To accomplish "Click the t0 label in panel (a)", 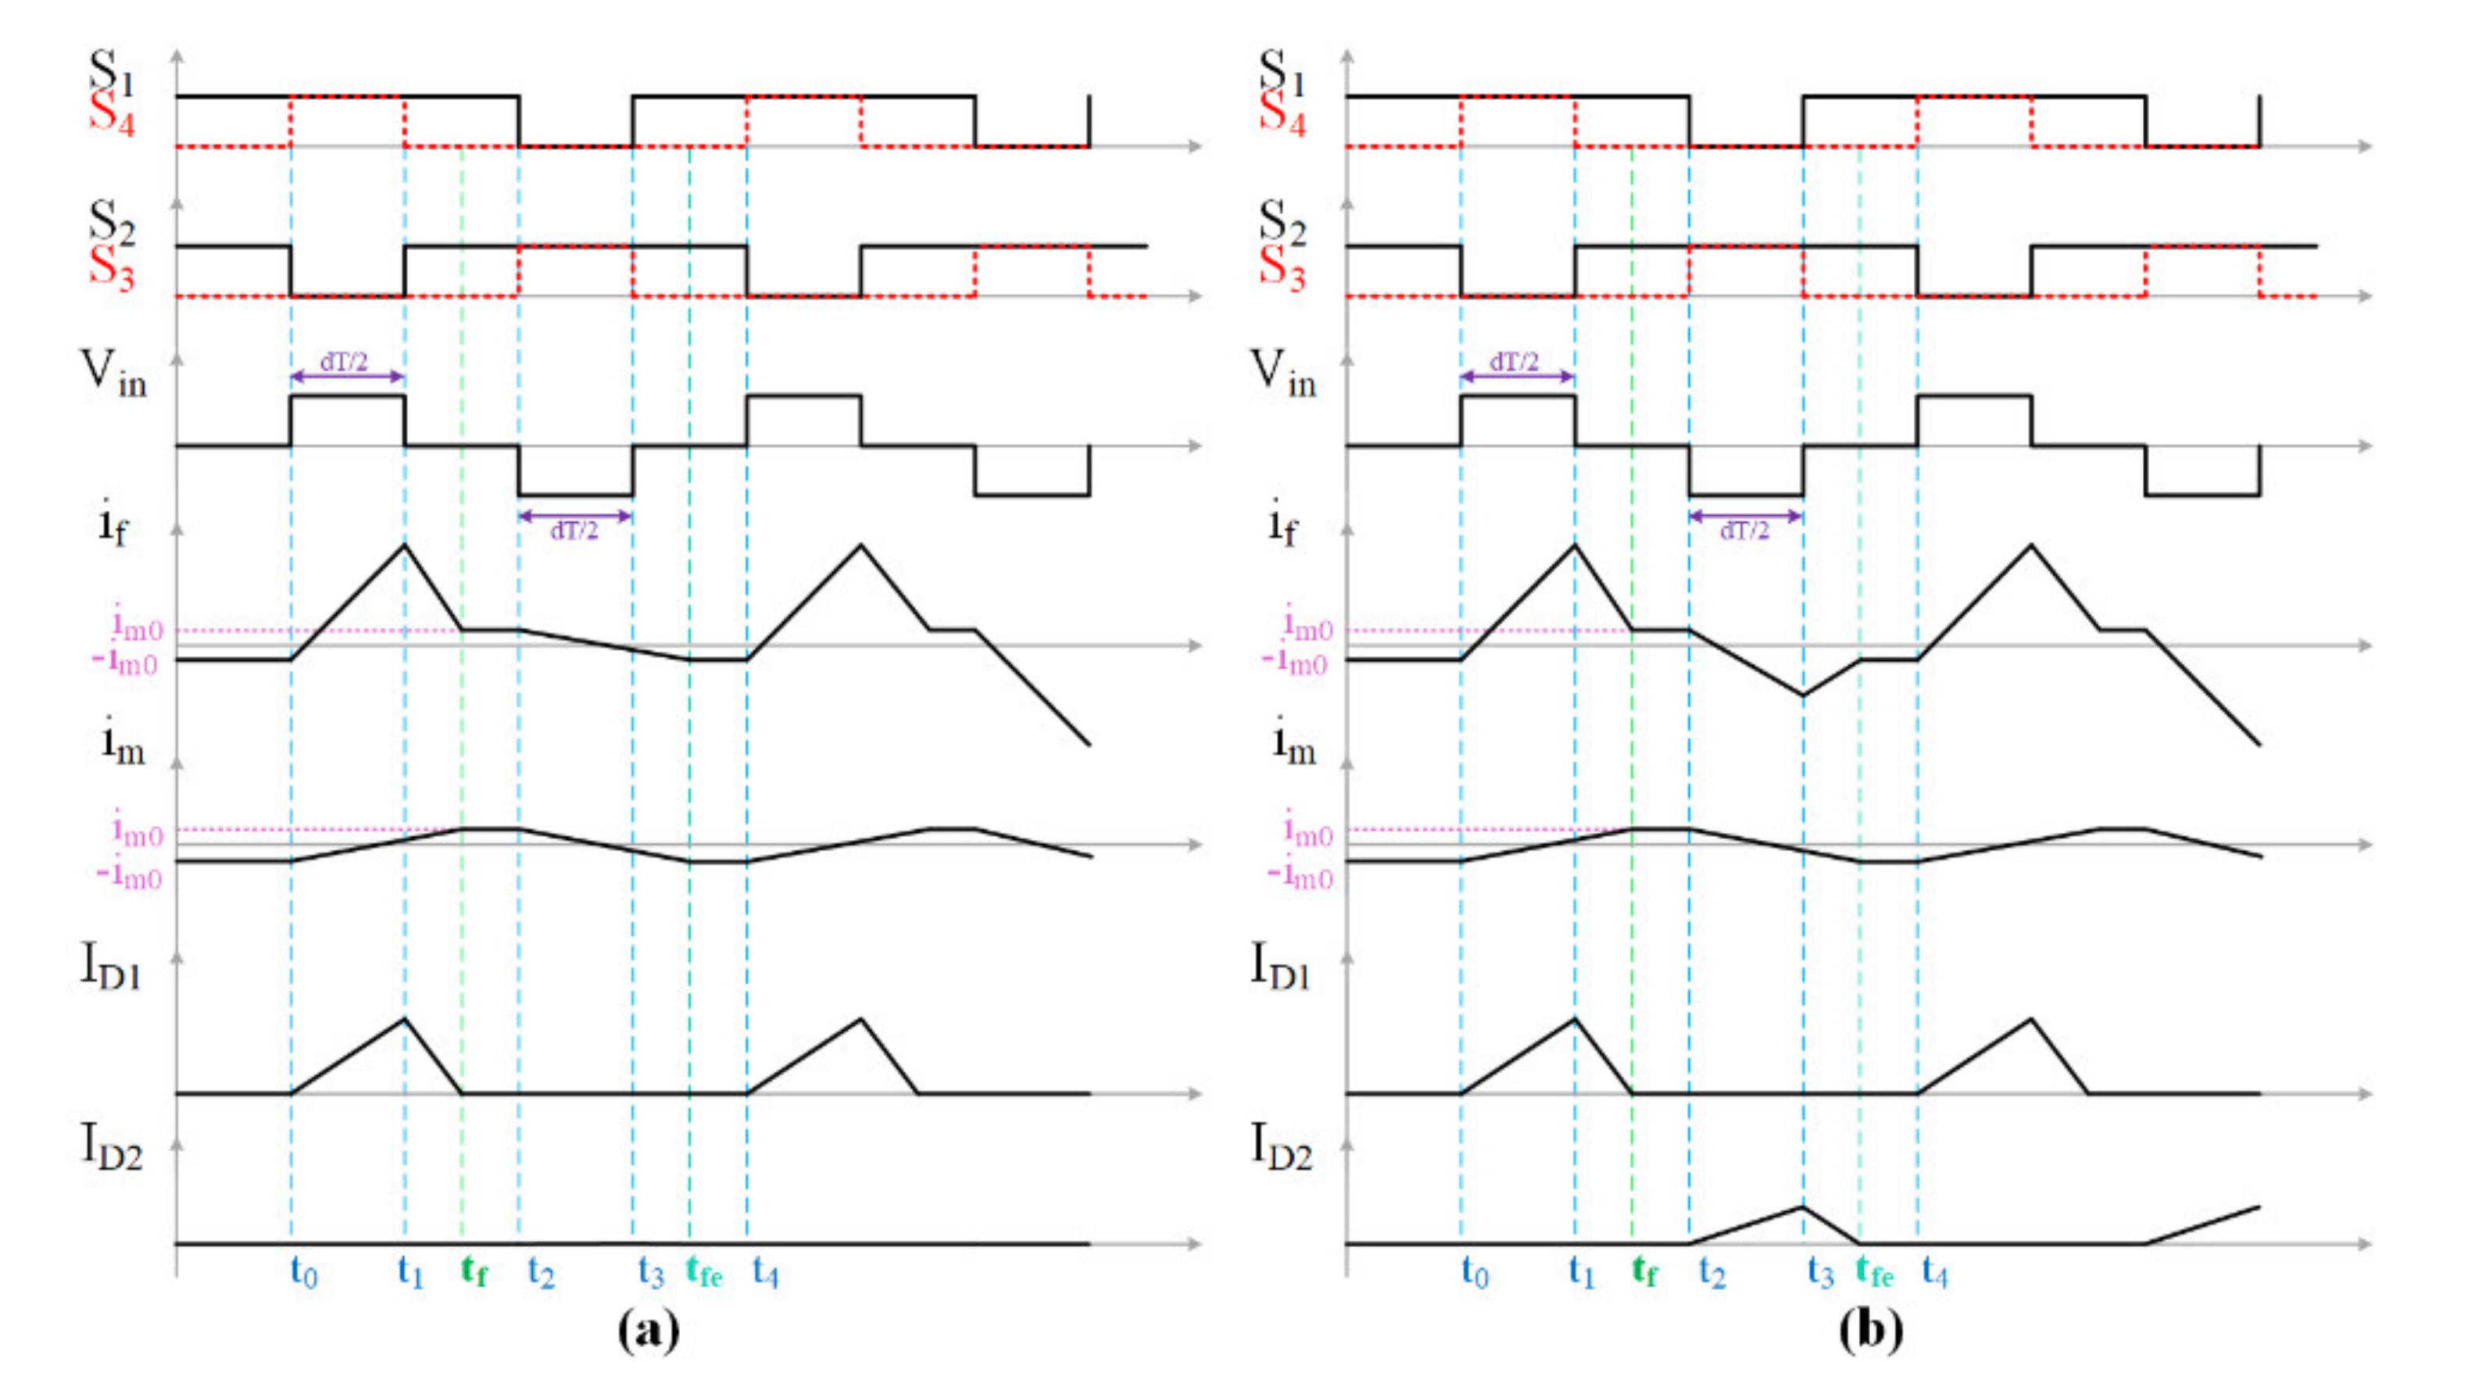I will [303, 1273].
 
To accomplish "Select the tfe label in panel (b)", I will [1874, 1273].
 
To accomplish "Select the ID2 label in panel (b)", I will [1282, 1147].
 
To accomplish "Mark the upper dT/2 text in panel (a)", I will [344, 363].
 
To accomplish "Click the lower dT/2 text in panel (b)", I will [1745, 531].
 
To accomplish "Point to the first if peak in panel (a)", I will [405, 545].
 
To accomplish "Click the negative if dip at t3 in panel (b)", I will [1804, 695].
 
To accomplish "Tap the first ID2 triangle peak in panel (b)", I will [1804, 1206].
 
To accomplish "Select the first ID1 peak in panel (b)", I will [1575, 1018].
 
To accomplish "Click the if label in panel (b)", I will [1282, 524].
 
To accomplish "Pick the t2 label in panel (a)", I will [541, 1273].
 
